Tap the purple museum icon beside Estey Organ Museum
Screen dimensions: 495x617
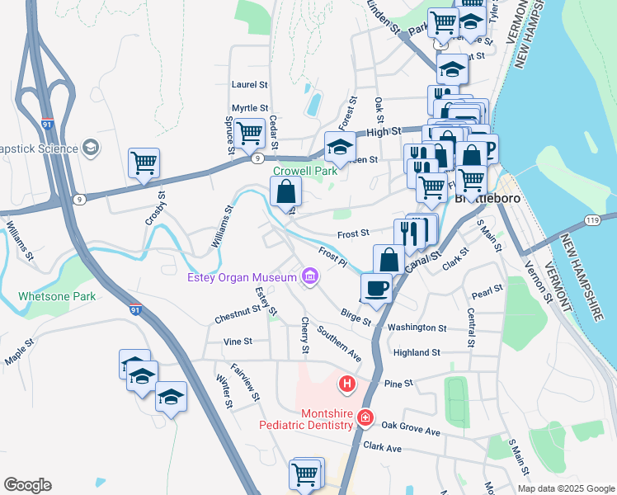pos(310,276)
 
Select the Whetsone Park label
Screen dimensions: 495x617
pos(57,296)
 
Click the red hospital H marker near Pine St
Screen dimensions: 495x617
pos(347,384)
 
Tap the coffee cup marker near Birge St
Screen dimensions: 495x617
pos(377,289)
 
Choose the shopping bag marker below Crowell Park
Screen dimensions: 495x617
pos(285,192)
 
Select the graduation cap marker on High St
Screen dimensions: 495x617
pos(340,147)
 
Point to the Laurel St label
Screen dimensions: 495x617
pos(250,84)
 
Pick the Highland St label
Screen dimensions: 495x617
pos(417,352)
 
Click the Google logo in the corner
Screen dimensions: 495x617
pos(27,485)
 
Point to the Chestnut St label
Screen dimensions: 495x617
pos(238,318)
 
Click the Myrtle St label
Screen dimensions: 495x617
pos(250,108)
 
